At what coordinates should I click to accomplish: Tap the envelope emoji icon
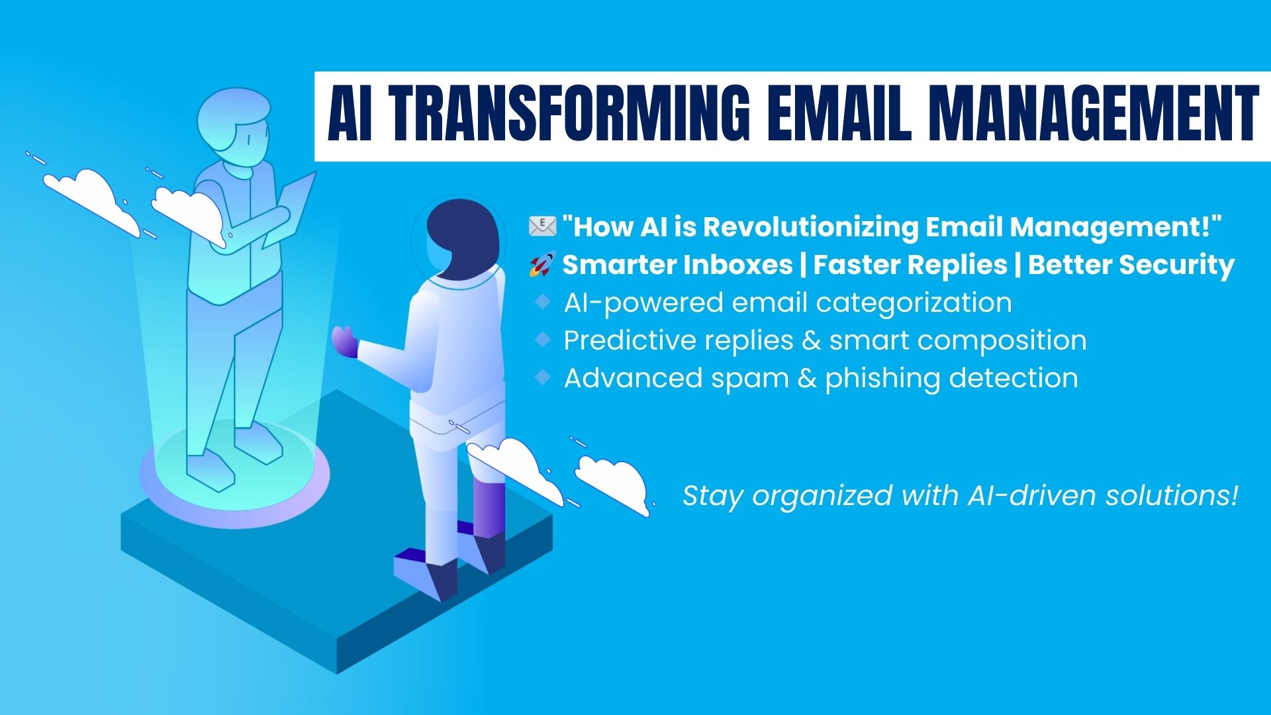[x=543, y=226]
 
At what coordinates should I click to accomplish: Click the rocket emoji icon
[x=542, y=265]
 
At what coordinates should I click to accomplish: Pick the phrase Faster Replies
[x=910, y=265]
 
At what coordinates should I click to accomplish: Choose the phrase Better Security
[x=1131, y=265]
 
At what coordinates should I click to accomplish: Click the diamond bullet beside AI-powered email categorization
[x=543, y=303]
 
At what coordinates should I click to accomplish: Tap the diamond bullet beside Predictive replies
[x=543, y=340]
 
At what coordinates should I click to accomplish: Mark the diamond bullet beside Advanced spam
[x=543, y=378]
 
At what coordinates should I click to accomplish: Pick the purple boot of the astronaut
[x=489, y=507]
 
